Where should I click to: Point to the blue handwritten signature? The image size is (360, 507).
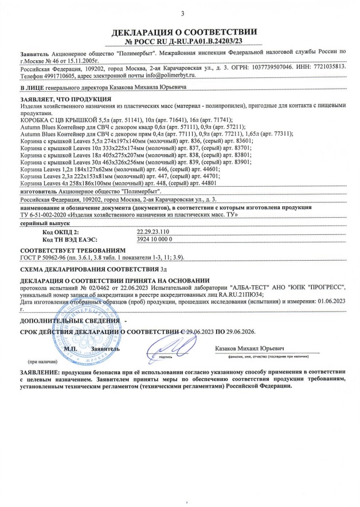point(171,346)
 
